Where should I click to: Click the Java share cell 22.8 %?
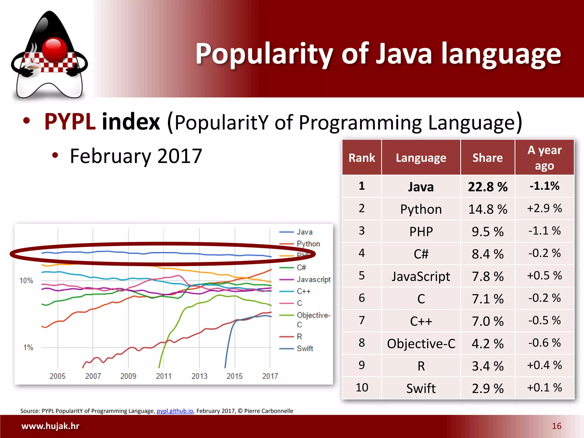pyautogui.click(x=488, y=187)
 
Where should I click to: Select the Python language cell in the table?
pyautogui.click(x=421, y=209)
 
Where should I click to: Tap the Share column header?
pyautogui.click(x=488, y=158)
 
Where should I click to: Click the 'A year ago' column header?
pyautogui.click(x=544, y=158)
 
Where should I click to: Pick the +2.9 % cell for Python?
pyautogui.click(x=544, y=208)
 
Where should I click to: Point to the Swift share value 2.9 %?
pyautogui.click(x=488, y=388)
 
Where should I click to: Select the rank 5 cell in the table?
pyautogui.click(x=362, y=275)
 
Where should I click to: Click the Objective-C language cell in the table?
pyautogui.click(x=421, y=344)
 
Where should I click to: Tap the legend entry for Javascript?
pyautogui.click(x=313, y=279)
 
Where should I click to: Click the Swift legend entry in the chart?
pyautogui.click(x=305, y=348)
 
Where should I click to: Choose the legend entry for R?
pyautogui.click(x=299, y=337)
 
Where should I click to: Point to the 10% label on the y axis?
pyautogui.click(x=26, y=281)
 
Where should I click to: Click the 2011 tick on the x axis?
pyautogui.click(x=164, y=376)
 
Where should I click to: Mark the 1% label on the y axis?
pyautogui.click(x=28, y=348)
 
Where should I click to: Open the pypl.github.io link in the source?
pyautogui.click(x=175, y=411)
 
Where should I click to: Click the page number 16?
pyautogui.click(x=557, y=426)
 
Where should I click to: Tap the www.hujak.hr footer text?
pyautogui.click(x=50, y=426)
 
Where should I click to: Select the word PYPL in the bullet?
pyautogui.click(x=70, y=122)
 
